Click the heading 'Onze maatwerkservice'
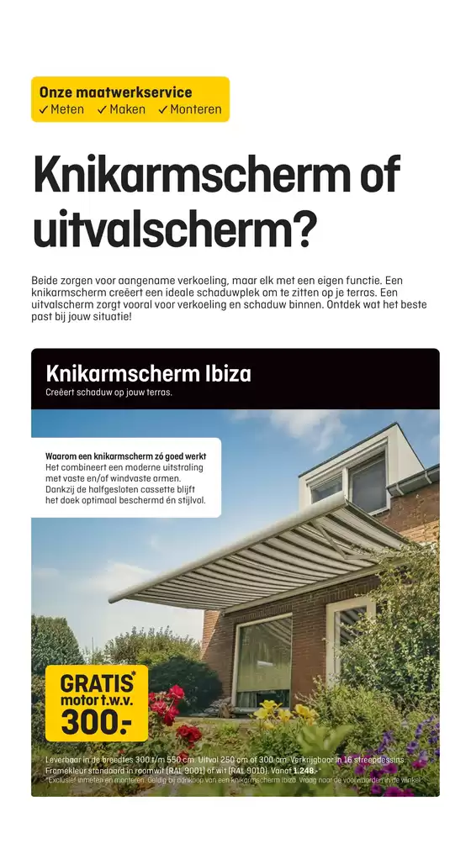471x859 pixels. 115,92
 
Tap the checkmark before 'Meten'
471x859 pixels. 44,110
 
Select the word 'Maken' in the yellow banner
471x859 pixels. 127,110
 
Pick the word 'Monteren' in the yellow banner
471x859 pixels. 196,110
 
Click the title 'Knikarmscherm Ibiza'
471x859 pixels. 148,374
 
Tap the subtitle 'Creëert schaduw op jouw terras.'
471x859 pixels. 108,393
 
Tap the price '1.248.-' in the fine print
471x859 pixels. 305,770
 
